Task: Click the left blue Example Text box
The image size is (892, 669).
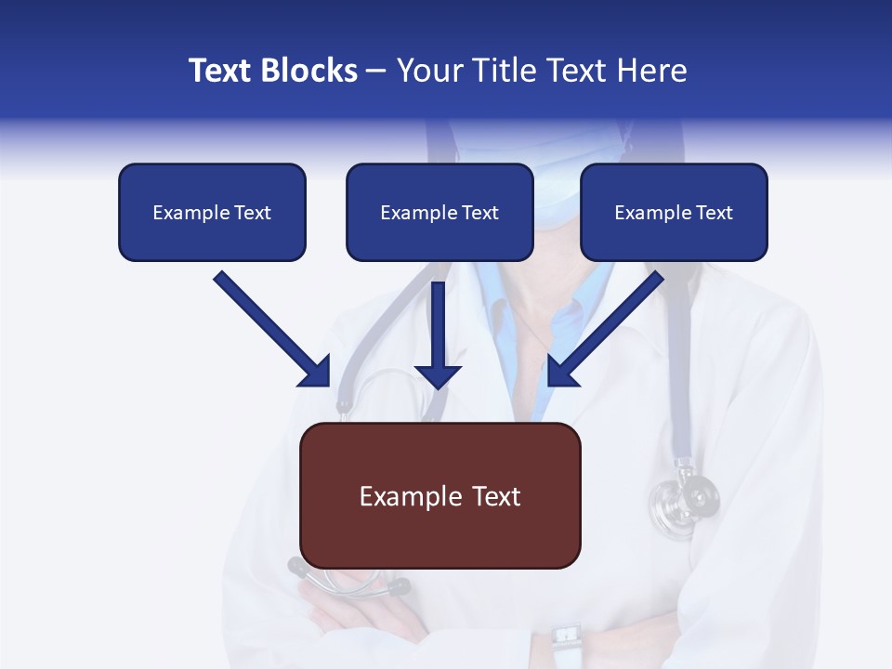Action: tap(212, 212)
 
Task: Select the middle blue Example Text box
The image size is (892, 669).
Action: tap(439, 212)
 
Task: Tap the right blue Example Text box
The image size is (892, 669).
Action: tap(674, 212)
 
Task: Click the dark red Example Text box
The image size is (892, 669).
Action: tap(439, 495)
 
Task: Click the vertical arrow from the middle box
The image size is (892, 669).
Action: tap(438, 334)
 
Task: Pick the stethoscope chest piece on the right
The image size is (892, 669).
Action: tap(689, 497)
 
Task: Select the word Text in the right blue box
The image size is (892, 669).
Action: tap(714, 213)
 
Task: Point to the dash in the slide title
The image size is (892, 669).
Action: tap(376, 71)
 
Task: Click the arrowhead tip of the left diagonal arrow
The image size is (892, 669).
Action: tap(328, 385)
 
